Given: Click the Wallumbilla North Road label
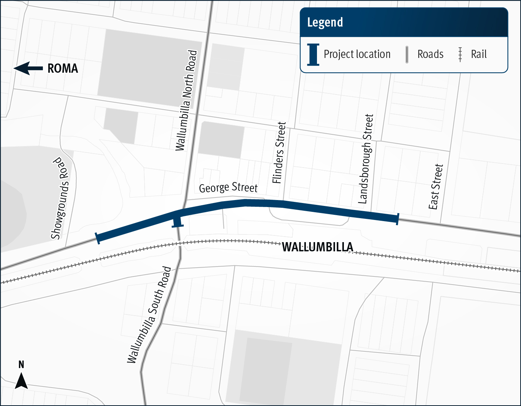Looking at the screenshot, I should [186, 100].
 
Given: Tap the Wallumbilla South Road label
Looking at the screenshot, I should [149, 315].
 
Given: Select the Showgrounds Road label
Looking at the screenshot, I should [61, 198].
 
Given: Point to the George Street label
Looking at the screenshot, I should [228, 187].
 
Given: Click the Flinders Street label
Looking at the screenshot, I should [279, 153].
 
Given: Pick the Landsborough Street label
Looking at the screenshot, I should [366, 159].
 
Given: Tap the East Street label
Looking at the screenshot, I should [436, 187].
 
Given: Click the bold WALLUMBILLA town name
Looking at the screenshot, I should [317, 247].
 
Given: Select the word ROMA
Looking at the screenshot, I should [63, 69].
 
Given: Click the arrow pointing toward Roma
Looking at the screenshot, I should [28, 68].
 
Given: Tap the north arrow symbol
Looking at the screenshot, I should [21, 381].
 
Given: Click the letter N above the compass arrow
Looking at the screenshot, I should [21, 365].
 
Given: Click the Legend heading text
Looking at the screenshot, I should [325, 23].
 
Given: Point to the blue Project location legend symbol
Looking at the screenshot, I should [313, 55].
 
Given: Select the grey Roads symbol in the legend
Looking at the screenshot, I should [407, 55].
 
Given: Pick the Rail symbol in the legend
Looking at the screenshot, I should [460, 55].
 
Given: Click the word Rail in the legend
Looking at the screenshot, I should [479, 55].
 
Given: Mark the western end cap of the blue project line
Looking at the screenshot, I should [97, 238].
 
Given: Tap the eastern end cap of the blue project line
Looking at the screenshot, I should [397, 219].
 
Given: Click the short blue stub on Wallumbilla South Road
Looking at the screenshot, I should [177, 223].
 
